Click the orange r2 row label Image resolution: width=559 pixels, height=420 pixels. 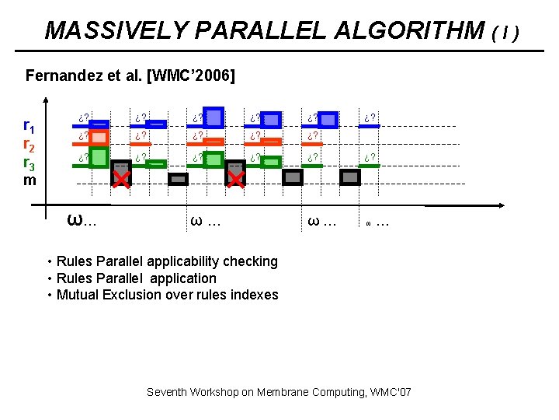coord(28,144)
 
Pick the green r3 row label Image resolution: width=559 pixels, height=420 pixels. coord(28,163)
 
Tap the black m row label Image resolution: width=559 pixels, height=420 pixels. coord(30,180)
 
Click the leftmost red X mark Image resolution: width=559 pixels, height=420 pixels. coord(121,180)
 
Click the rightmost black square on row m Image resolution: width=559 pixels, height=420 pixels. coord(350,177)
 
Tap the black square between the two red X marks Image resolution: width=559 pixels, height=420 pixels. coord(179,179)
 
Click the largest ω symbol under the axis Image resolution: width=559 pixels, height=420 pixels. coord(75,219)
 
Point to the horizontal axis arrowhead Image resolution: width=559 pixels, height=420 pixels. coord(497,206)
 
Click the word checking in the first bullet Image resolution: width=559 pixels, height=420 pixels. coord(250,261)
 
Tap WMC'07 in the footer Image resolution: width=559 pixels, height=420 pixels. coord(392,392)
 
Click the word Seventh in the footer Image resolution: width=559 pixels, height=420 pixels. coord(168,392)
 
